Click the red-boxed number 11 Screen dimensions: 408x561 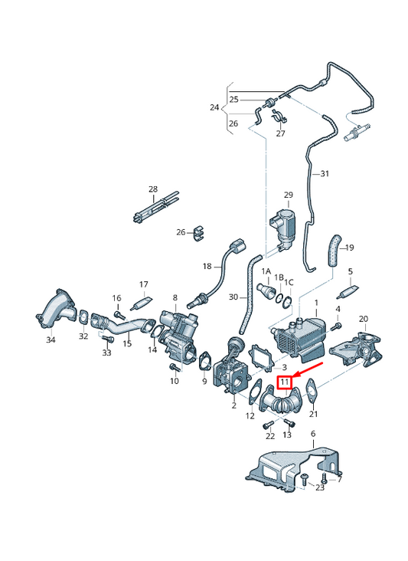(285, 382)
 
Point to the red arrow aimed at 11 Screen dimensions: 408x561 (308, 369)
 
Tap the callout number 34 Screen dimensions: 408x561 (51, 340)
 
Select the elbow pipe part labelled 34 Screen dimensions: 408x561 (56, 308)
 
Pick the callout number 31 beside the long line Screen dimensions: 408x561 (325, 174)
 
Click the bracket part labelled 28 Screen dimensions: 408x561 (155, 208)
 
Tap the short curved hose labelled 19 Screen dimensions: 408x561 (335, 250)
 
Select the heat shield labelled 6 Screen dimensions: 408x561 (293, 469)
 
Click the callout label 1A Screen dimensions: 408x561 (266, 272)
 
